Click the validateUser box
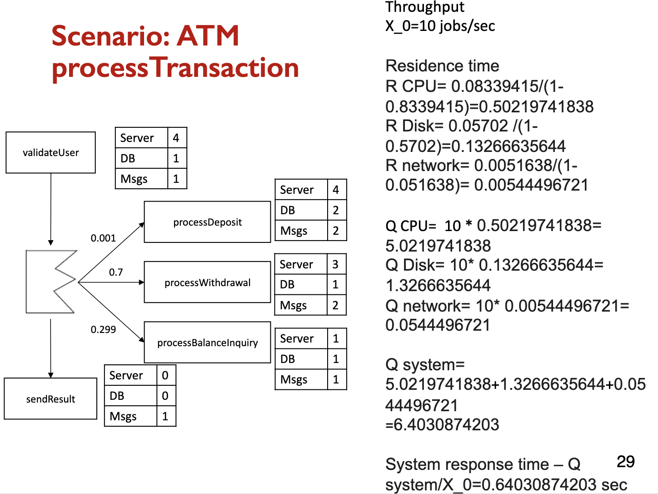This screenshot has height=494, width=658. [x=51, y=153]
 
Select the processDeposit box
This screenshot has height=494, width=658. [x=207, y=222]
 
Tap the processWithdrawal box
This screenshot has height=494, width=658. [x=207, y=282]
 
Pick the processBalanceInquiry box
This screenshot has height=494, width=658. [x=207, y=343]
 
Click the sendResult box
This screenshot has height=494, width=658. [x=50, y=399]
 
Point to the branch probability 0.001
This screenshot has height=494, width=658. [x=103, y=238]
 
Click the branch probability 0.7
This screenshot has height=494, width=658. [x=116, y=272]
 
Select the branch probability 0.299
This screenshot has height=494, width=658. [x=103, y=329]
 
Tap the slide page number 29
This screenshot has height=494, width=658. [x=625, y=462]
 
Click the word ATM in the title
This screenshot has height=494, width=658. [x=208, y=36]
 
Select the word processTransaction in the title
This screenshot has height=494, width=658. [x=175, y=68]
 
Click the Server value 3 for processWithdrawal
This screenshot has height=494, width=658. [x=335, y=264]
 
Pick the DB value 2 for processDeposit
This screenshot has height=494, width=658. [x=336, y=210]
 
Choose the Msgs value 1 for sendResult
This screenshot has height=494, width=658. [x=165, y=416]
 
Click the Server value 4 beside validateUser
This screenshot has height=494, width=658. [x=176, y=138]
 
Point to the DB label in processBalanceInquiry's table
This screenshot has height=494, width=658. [x=288, y=359]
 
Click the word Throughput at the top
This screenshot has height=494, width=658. [x=424, y=7]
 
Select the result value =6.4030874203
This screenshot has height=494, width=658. [x=442, y=425]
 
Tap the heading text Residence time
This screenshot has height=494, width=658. [x=442, y=66]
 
